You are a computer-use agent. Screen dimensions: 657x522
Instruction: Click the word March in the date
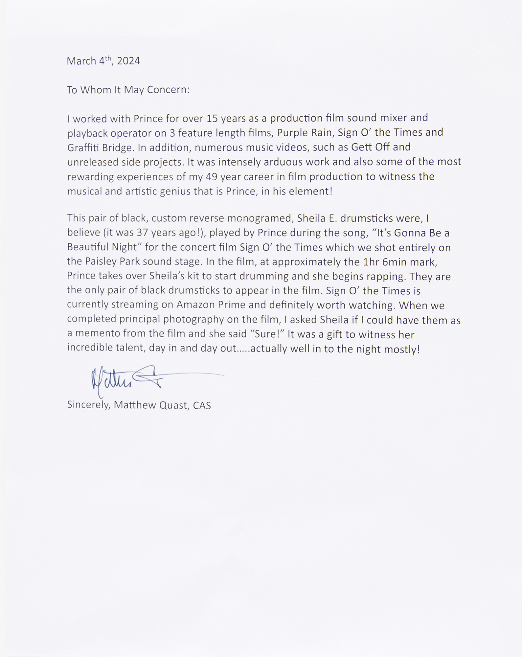tap(81, 61)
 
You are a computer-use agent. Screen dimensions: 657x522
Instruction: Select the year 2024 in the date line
tap(128, 61)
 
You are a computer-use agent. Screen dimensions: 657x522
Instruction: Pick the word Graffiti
tap(83, 147)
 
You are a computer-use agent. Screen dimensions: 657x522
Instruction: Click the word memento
tap(98, 333)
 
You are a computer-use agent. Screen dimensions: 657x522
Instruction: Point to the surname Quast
tap(173, 405)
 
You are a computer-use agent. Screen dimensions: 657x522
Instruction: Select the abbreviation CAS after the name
tap(202, 405)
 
